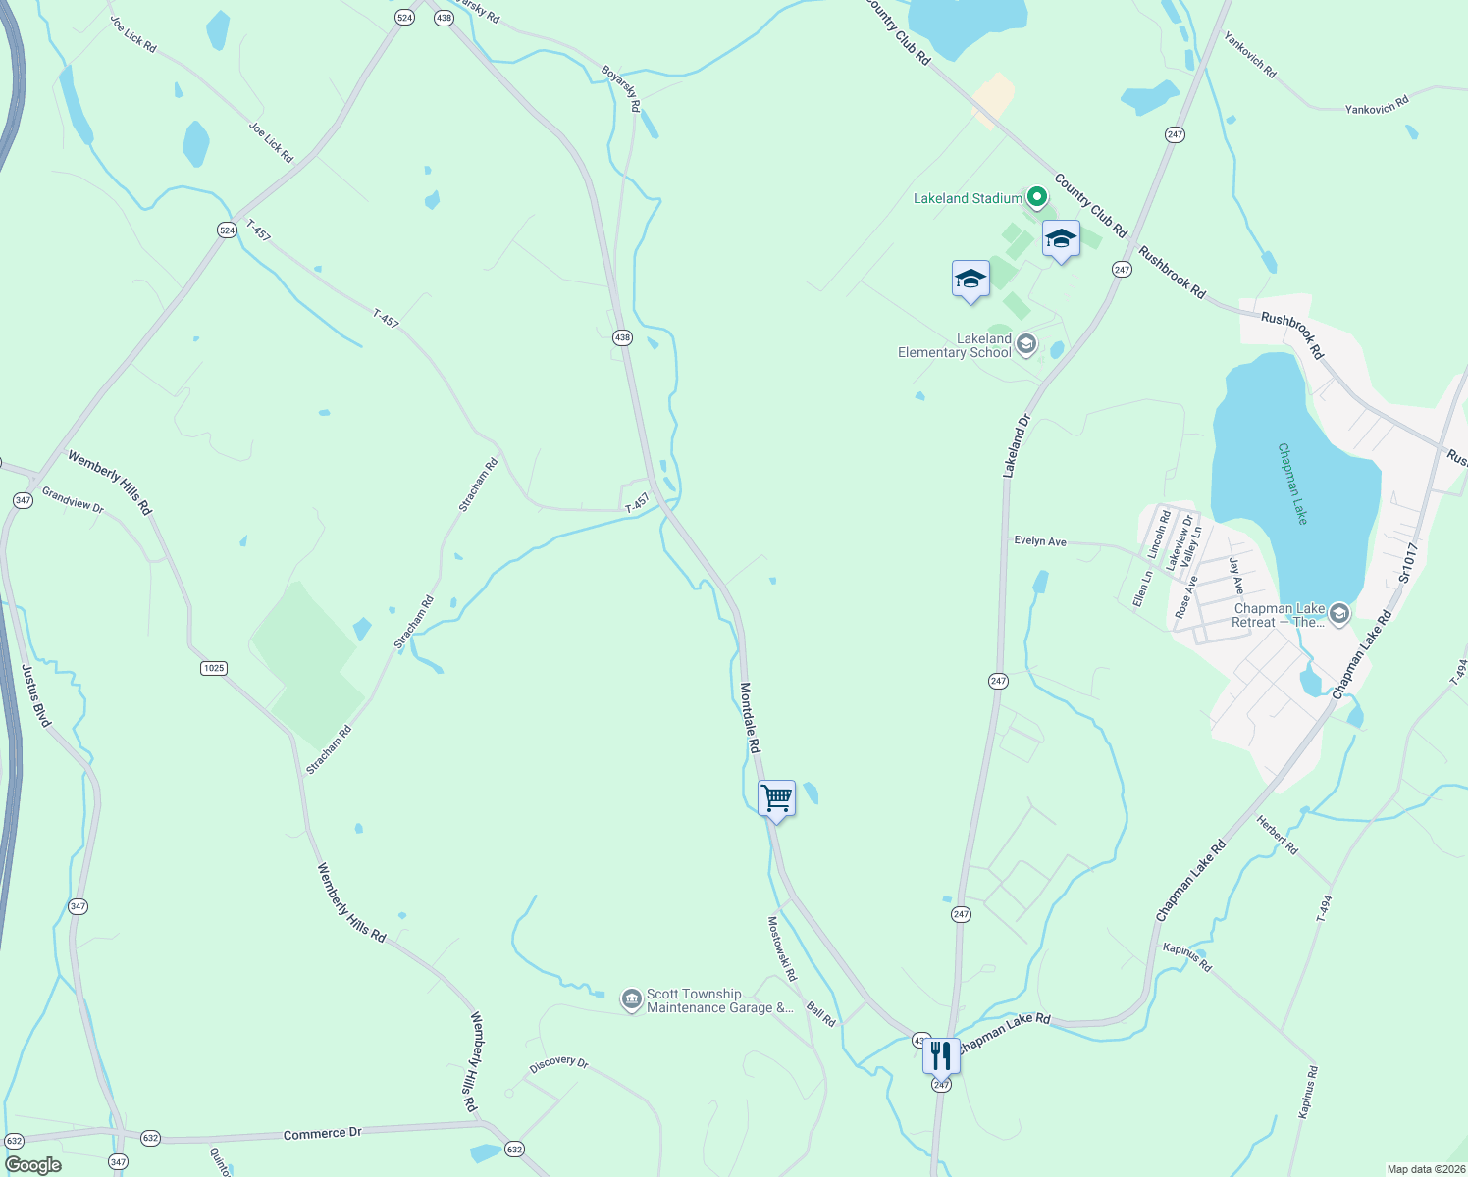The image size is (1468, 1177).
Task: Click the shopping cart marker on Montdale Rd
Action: click(x=776, y=799)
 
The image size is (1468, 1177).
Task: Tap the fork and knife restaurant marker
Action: click(x=941, y=1055)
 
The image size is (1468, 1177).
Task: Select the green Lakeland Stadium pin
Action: click(x=1034, y=198)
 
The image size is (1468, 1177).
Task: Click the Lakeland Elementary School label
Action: click(x=955, y=345)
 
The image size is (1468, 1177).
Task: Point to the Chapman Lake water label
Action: click(x=1292, y=484)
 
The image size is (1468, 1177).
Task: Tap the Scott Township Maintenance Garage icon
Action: click(x=632, y=1000)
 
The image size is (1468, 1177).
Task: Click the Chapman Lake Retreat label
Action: click(x=1280, y=615)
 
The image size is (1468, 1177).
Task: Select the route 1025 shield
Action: click(x=213, y=668)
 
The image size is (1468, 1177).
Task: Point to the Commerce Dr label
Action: click(x=323, y=1134)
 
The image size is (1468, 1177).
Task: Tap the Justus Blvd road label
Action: click(x=35, y=695)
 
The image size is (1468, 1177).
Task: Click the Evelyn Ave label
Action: click(x=1040, y=541)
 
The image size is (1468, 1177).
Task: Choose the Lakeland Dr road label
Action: click(x=1017, y=445)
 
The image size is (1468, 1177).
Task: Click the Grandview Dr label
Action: click(x=73, y=500)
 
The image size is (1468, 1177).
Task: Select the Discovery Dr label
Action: click(x=558, y=1064)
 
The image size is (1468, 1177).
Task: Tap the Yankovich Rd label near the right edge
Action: click(x=1377, y=105)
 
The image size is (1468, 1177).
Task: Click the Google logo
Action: click(x=33, y=1165)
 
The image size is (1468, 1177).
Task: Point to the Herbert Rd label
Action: click(x=1278, y=835)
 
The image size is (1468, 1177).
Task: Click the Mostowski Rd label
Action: click(x=781, y=948)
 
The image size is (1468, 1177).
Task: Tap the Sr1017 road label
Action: click(x=1409, y=563)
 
